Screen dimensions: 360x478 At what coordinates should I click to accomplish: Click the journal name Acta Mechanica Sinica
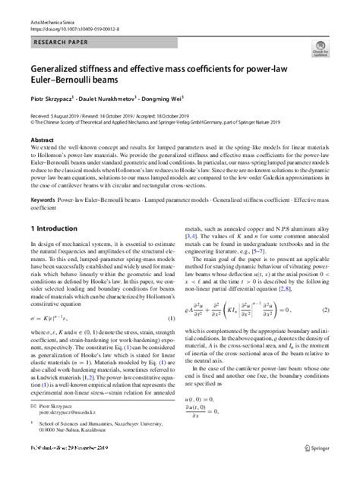44,6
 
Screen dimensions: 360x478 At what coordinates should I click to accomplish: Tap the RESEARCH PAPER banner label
58,32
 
